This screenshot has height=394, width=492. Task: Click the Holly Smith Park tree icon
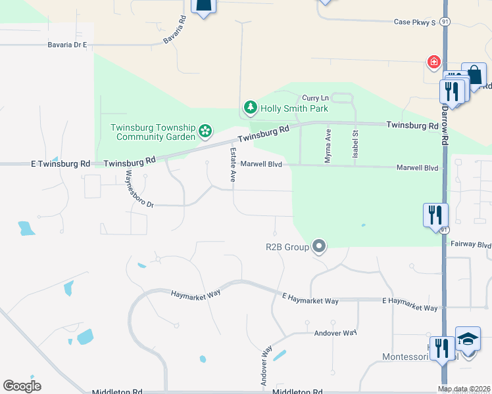coord(250,107)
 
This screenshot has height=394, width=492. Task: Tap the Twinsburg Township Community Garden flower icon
coord(205,131)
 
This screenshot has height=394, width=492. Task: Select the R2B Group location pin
coord(319,247)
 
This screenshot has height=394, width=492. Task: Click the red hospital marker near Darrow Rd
coord(433,62)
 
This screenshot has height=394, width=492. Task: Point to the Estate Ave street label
coord(232,165)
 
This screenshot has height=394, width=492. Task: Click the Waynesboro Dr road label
coord(139,189)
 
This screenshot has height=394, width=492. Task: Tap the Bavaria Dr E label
coord(67,45)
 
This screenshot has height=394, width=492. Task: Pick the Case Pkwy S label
coord(415,22)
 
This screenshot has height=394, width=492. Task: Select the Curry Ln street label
coord(315,98)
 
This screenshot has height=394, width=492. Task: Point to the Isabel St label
coord(355,142)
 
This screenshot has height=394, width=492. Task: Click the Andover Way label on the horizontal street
coord(335,333)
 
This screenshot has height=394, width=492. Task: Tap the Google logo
coord(22,385)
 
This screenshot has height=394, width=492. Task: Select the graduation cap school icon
coord(468,339)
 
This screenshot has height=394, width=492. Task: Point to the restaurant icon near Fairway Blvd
coord(435,215)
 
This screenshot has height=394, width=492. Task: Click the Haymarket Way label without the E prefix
coord(195,295)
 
